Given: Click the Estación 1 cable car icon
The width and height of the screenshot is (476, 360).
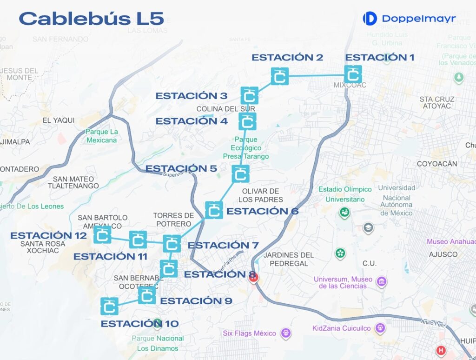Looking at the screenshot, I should [x=353, y=74].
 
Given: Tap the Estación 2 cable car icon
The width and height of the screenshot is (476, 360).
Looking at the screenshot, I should [x=280, y=76].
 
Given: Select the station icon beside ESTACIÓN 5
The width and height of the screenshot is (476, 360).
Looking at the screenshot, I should [x=240, y=174].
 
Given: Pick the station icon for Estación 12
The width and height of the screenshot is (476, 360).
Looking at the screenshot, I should [x=102, y=235].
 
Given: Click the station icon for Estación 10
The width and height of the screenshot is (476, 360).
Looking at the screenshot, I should [x=109, y=307].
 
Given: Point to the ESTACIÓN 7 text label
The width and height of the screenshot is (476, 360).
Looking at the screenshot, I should [x=223, y=245].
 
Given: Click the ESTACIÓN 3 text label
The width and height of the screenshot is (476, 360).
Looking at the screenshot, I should [x=191, y=96].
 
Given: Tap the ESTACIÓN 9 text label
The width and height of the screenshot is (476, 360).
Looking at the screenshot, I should [x=196, y=301].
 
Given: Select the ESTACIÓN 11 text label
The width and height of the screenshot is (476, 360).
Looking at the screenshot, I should [x=110, y=256].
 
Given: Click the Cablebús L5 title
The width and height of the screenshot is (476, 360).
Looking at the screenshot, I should [x=91, y=19].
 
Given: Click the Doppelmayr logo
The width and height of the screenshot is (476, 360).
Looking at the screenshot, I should [x=409, y=19].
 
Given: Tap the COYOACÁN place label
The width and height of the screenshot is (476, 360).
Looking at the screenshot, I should [x=436, y=164].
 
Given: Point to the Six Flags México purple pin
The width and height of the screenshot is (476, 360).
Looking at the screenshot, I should [x=286, y=333].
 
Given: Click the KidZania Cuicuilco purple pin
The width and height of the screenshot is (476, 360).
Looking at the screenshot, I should [x=381, y=328].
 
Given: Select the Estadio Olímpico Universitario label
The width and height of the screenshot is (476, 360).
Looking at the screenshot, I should [x=345, y=194].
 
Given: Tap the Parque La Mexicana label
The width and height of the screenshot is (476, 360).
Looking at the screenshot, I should [x=101, y=136].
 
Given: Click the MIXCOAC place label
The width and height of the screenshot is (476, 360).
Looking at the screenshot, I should [x=350, y=85].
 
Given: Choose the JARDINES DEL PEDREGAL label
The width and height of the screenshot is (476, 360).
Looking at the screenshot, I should [x=289, y=259].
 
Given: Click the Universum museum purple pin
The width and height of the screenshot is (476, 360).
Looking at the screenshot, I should [x=381, y=281].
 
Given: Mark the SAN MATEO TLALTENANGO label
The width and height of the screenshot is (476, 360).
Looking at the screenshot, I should [x=73, y=182].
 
